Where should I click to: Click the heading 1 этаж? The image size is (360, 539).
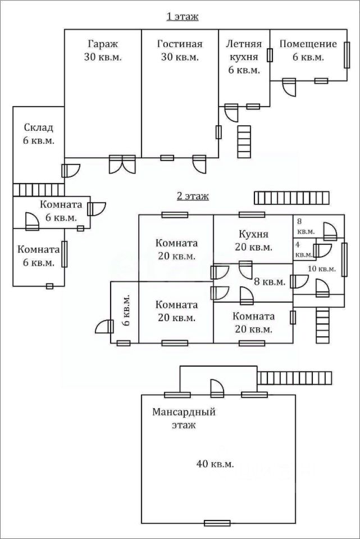(182, 17)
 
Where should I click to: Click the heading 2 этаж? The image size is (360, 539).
(193, 196)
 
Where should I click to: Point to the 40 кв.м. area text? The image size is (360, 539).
(215, 463)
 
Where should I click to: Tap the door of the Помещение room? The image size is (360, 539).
(289, 88)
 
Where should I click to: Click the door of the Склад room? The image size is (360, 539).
(71, 170)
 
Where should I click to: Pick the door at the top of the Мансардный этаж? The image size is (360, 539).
(217, 387)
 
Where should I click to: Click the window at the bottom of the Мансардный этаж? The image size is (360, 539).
(217, 523)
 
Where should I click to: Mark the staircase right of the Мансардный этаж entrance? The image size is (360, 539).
(294, 378)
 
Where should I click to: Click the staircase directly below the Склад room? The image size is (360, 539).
(38, 189)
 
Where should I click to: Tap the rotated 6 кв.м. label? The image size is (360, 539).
(127, 310)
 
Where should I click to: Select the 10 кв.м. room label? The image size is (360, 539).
(321, 268)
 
